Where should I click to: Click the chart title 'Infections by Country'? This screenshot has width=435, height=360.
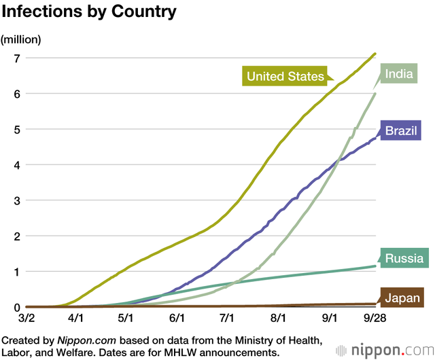click(x=90, y=12)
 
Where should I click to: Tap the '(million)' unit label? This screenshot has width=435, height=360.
click(x=21, y=39)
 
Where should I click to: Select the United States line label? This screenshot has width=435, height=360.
click(x=285, y=76)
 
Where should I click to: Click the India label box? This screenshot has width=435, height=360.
click(x=398, y=73)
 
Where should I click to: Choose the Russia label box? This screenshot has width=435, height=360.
click(x=404, y=258)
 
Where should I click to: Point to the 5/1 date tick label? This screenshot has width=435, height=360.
click(x=126, y=318)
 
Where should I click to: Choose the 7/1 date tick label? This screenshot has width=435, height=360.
click(x=226, y=318)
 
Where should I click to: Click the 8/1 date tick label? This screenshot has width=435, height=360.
click(x=278, y=318)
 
